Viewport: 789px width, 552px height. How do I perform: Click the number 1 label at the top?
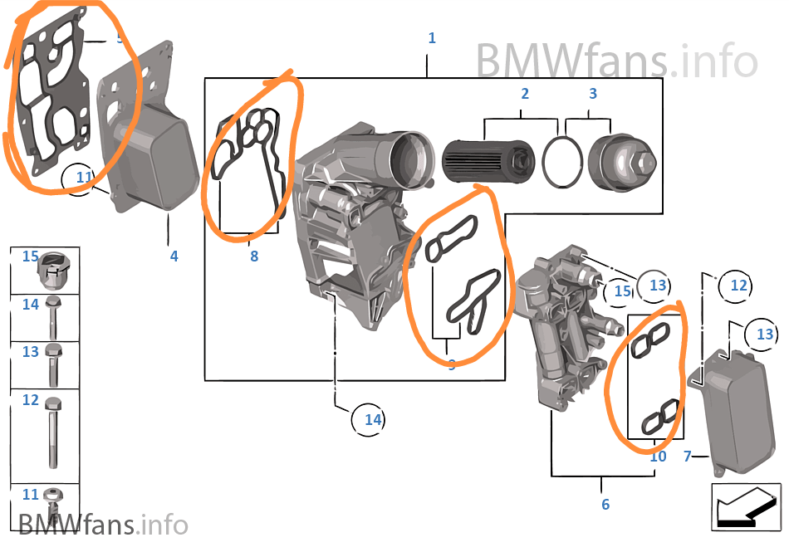tap(431, 38)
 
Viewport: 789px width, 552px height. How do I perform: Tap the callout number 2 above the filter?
tap(525, 94)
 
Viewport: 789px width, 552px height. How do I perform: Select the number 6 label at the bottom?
tap(605, 504)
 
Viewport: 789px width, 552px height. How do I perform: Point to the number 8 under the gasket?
tap(254, 256)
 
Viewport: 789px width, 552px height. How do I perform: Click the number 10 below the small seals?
tap(658, 457)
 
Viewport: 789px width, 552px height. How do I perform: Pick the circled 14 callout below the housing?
tap(372, 420)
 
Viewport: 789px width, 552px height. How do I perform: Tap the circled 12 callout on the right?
tap(738, 286)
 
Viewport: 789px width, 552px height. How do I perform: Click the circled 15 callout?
tap(622, 291)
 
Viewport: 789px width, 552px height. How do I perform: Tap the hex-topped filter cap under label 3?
tap(622, 160)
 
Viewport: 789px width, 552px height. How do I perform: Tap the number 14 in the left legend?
tap(31, 305)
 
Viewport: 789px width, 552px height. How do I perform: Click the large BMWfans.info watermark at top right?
tap(616, 60)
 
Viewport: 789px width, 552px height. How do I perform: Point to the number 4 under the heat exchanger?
tap(174, 256)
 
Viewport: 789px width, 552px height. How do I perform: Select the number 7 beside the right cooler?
tap(687, 457)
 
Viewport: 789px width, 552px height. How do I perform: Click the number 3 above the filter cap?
tap(593, 94)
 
